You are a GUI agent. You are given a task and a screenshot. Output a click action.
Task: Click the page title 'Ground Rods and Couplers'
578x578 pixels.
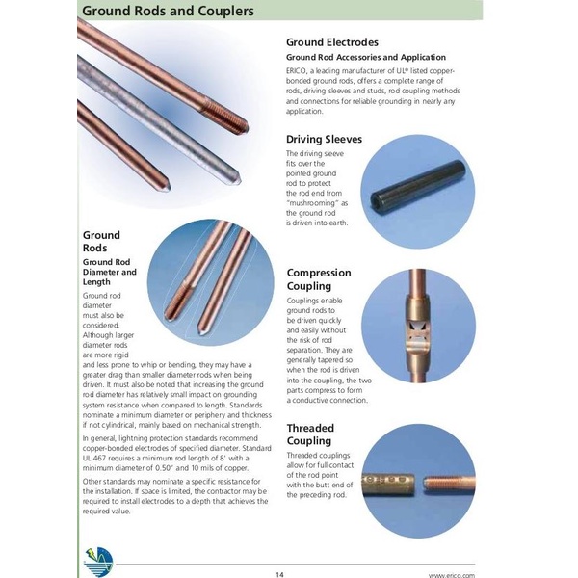point(168,12)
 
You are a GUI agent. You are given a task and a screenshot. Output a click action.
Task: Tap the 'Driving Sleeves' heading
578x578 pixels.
point(325,139)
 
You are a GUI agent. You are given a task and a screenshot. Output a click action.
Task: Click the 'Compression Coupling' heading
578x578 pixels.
point(319,279)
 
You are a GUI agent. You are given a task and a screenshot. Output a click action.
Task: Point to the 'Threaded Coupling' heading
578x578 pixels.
point(310,433)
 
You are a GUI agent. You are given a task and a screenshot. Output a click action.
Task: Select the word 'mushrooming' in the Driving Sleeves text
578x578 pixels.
point(309,203)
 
